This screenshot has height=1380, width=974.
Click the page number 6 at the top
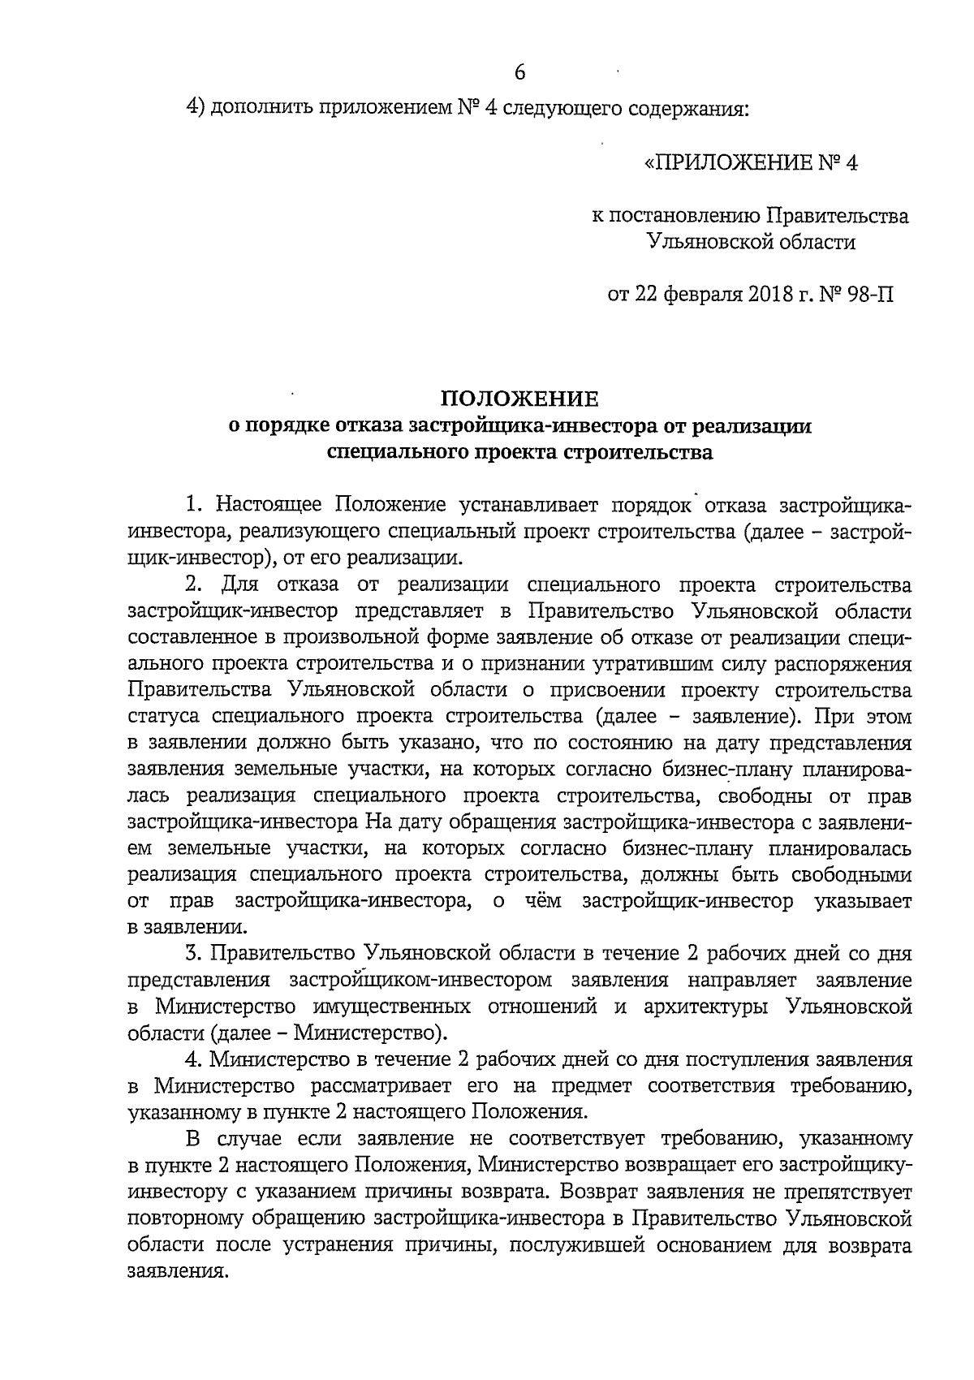pos(520,72)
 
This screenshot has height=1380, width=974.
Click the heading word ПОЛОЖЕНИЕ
pos(519,399)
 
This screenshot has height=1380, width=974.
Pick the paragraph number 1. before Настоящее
pos(193,505)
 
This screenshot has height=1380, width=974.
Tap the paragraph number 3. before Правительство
pos(193,951)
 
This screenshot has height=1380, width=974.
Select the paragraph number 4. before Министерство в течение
pos(193,1059)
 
